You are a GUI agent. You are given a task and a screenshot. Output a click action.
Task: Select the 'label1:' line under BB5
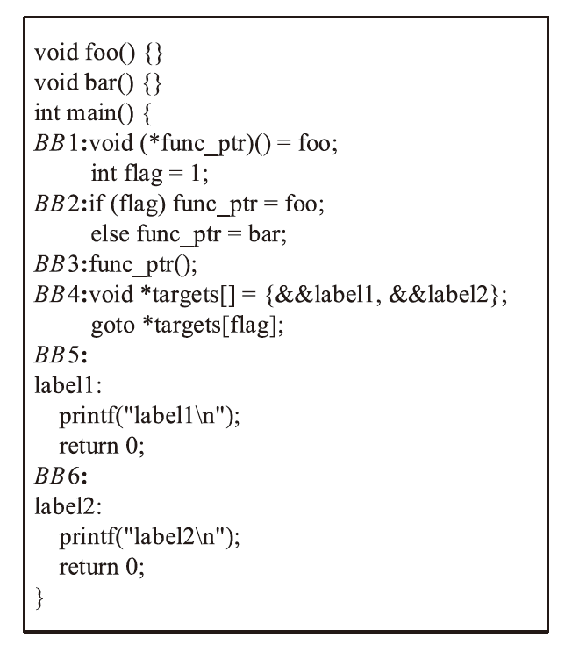(61, 396)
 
